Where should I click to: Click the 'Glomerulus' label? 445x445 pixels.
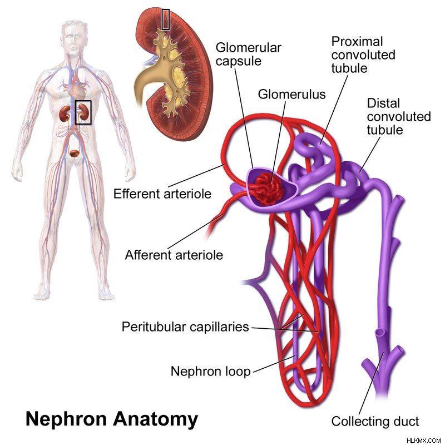point(291,94)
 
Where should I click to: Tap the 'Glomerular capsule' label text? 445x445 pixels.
point(248,54)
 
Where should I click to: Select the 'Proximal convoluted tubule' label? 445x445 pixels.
point(363,55)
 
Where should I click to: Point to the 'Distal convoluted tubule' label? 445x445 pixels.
point(399,117)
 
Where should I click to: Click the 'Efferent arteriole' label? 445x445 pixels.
point(162,194)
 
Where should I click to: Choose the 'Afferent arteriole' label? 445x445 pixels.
point(174,255)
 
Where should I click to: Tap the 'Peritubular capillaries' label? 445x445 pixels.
point(185,327)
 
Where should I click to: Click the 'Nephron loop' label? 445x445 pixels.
point(211,371)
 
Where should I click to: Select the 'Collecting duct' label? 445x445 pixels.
point(375,421)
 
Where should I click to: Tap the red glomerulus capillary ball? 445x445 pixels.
point(268,189)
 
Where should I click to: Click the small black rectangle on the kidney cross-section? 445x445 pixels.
point(166,19)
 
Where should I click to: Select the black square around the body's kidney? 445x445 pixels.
point(83,112)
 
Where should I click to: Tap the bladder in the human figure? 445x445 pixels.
point(75,154)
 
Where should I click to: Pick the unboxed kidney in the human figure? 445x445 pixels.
point(65,113)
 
